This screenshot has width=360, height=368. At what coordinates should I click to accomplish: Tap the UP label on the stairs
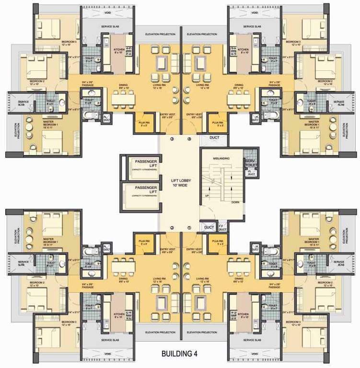click(x=208, y=196)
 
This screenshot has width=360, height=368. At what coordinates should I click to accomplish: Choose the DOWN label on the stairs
click(x=235, y=202)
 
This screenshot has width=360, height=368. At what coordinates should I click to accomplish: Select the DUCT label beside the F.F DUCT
click(x=209, y=227)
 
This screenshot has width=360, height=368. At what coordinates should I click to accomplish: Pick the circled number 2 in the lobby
click(x=171, y=228)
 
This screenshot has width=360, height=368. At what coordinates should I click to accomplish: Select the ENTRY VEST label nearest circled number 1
click(x=193, y=250)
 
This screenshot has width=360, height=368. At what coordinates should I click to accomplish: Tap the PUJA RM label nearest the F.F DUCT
click(x=218, y=242)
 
